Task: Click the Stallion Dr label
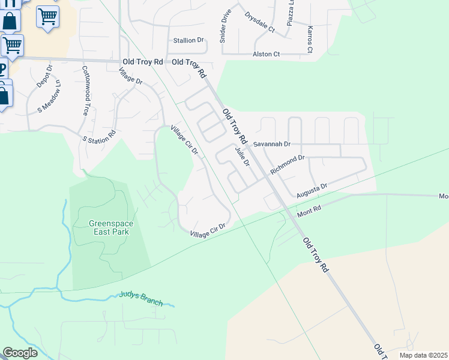pyautogui.click(x=188, y=40)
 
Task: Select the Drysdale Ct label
pyautogui.click(x=259, y=22)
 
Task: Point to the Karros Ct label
pyautogui.click(x=310, y=39)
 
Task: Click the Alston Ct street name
pyautogui.click(x=266, y=55)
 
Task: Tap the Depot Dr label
pyautogui.click(x=44, y=76)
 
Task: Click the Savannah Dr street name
pyautogui.click(x=271, y=145)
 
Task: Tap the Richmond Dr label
pyautogui.click(x=288, y=164)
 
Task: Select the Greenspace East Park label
pyautogui.click(x=111, y=227)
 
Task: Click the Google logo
pyautogui.click(x=20, y=353)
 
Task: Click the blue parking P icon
pyautogui.click(x=3, y=69)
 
